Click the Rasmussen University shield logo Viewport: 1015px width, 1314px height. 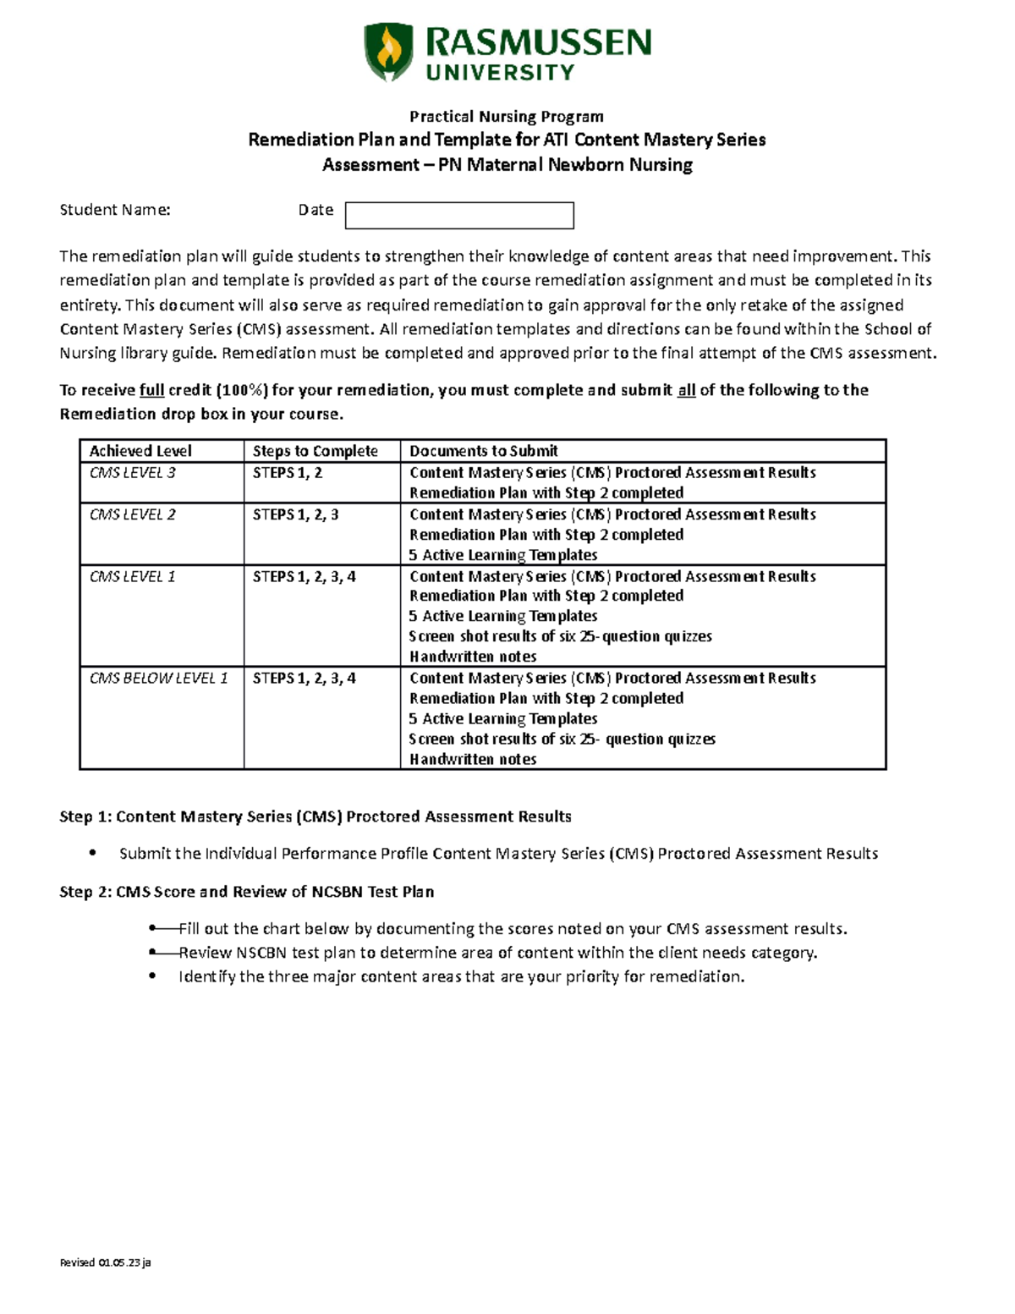pyautogui.click(x=388, y=52)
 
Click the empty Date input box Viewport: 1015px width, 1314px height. pyautogui.click(x=459, y=216)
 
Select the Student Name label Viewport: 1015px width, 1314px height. pyautogui.click(x=115, y=210)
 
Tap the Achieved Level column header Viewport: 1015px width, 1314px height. pyautogui.click(x=140, y=451)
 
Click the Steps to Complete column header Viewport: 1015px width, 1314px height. pyautogui.click(x=315, y=451)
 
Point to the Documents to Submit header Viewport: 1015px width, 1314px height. pyautogui.click(x=484, y=451)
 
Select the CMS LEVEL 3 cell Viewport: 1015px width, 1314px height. pyautogui.click(x=133, y=473)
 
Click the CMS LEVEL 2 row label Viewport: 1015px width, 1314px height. pyautogui.click(x=133, y=514)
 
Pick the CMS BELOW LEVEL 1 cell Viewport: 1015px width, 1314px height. pyautogui.click(x=158, y=678)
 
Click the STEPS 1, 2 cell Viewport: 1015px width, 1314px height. pyautogui.click(x=288, y=473)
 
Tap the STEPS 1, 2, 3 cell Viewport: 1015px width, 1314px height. pyautogui.click(x=295, y=514)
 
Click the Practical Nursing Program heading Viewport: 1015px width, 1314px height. pyautogui.click(x=507, y=116)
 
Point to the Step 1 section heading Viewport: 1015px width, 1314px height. pyautogui.click(x=315, y=816)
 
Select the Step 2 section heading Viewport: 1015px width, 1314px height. pyautogui.click(x=246, y=892)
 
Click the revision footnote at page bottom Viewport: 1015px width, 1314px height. pyautogui.click(x=105, y=1262)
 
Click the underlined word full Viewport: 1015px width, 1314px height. pyautogui.click(x=151, y=390)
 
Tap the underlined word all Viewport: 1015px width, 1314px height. pyautogui.click(x=686, y=390)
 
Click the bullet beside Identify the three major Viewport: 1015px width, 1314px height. pyautogui.click(x=152, y=976)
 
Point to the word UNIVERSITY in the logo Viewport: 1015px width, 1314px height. pyautogui.click(x=500, y=73)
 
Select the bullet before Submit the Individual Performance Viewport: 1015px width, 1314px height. pyautogui.click(x=93, y=853)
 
